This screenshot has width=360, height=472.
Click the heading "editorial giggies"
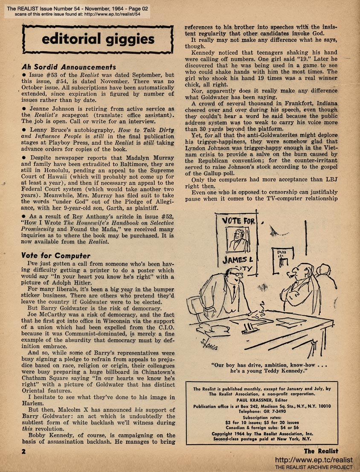tap(98, 40)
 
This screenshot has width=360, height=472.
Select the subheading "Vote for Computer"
tap(55, 256)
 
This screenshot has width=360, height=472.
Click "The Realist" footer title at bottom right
tap(321, 451)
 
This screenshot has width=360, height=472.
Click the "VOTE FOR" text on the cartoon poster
tap(237, 221)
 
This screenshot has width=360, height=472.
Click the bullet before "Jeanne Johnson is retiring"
tap(23, 109)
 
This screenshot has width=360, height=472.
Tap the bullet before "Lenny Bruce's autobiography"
tap(23, 129)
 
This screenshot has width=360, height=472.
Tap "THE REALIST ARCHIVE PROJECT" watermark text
tap(314, 467)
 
